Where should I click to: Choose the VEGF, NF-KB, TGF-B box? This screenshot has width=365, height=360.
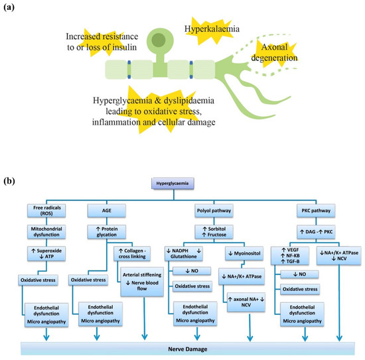291,256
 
